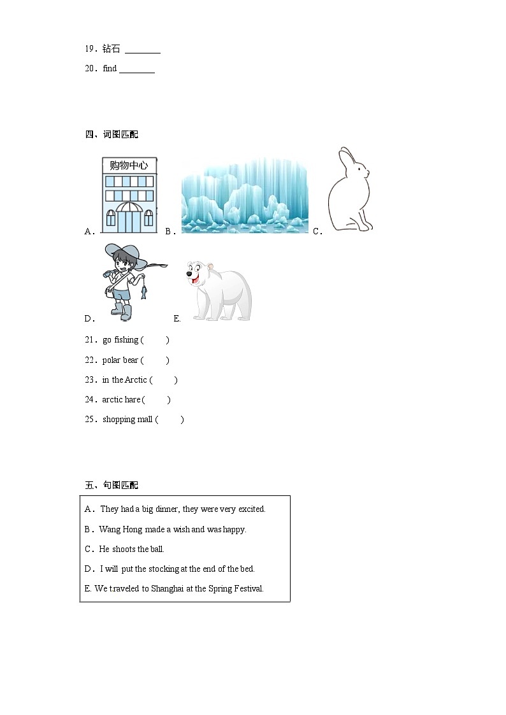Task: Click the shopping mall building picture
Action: pos(129,195)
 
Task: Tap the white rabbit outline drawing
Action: pos(349,191)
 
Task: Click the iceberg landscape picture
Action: pos(245,196)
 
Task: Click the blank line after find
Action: pos(137,69)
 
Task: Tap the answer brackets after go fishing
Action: pos(155,340)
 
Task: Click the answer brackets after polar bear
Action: pos(155,360)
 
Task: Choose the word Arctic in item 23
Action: pos(136,380)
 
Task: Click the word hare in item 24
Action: pos(132,400)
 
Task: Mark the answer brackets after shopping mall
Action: pos(170,420)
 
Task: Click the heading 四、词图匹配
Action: pos(112,134)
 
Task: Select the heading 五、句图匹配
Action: pos(112,485)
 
